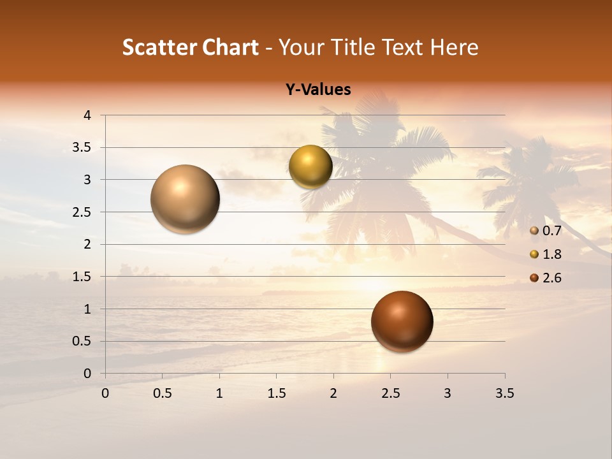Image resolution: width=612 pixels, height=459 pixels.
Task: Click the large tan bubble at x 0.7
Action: [186, 199]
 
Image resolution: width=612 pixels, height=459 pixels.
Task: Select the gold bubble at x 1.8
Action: [310, 167]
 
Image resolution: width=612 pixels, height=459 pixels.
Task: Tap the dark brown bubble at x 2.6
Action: [402, 321]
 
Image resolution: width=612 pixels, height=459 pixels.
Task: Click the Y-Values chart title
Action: [318, 90]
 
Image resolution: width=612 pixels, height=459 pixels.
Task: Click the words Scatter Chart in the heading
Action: [190, 47]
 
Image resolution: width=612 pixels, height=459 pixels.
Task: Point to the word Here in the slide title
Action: [454, 47]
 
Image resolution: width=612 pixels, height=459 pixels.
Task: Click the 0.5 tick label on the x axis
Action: [162, 393]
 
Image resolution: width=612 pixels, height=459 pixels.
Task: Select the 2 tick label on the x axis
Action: [333, 393]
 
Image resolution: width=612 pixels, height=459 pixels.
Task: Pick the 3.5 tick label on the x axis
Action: [504, 393]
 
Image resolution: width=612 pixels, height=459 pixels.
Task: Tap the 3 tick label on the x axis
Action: [448, 393]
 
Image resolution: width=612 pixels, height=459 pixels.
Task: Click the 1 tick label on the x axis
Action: [219, 393]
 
